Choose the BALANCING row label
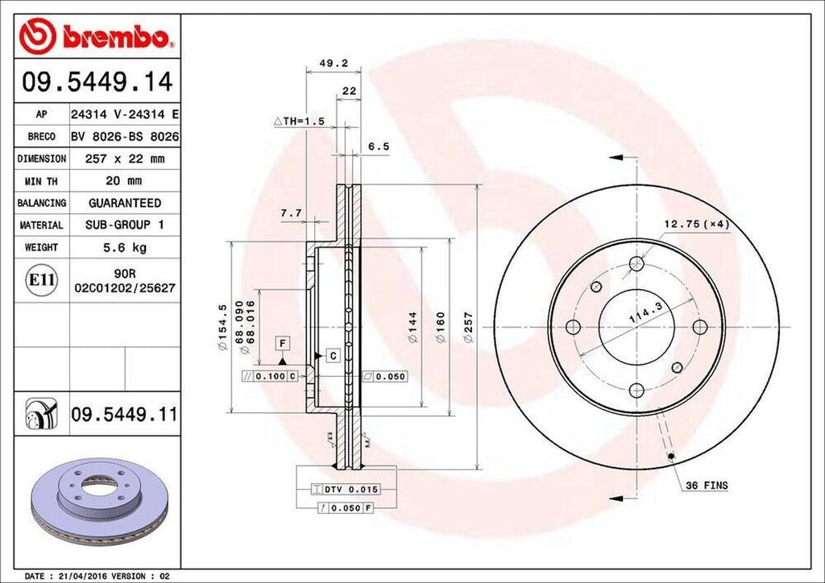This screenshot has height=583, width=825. (x=42, y=203)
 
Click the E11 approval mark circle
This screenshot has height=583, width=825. (x=42, y=280)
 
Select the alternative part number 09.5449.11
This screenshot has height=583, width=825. (x=123, y=416)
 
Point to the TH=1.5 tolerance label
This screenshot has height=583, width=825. (x=299, y=121)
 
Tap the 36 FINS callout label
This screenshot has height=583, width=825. (x=707, y=486)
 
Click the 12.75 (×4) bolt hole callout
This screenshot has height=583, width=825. (x=696, y=224)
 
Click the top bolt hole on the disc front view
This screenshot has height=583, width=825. (x=636, y=263)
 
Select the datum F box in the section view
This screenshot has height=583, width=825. (x=283, y=344)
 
